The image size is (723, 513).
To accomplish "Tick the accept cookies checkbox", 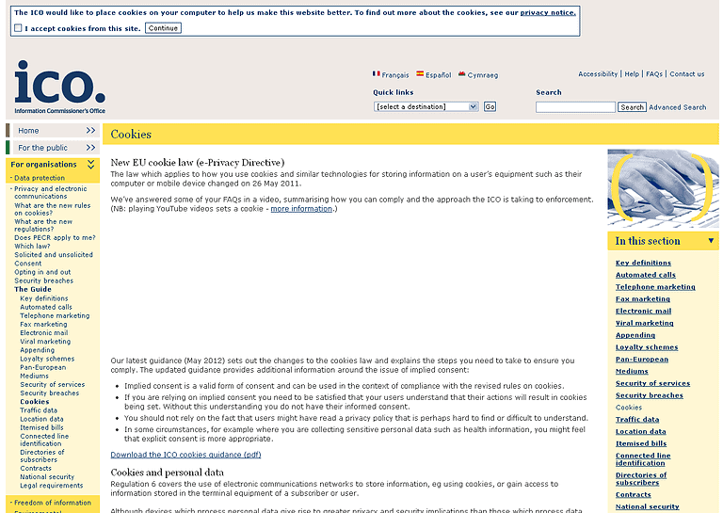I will click(18, 28).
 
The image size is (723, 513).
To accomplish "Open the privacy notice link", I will click(548, 13).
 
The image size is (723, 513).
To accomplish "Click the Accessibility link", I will click(598, 74).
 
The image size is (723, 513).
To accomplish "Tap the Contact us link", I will click(686, 74).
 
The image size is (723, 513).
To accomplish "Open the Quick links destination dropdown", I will click(426, 107).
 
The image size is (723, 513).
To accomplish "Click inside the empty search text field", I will click(574, 107).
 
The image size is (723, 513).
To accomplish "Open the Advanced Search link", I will click(677, 107).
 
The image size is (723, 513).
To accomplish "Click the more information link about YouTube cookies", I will click(300, 209).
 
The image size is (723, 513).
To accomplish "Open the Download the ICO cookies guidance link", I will click(185, 455).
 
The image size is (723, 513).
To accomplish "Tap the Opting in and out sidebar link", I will click(42, 272).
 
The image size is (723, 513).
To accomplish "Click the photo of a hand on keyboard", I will click(663, 189).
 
